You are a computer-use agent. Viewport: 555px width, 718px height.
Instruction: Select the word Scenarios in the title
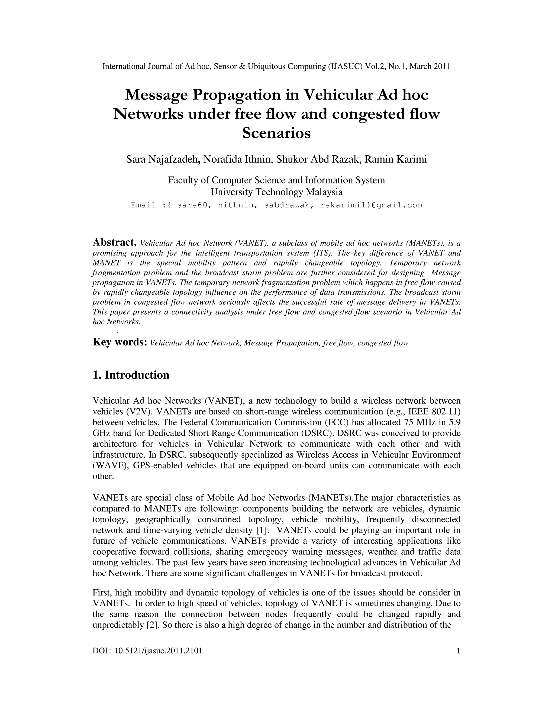pyautogui.click(x=276, y=133)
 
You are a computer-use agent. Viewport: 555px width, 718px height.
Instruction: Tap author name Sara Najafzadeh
pyautogui.click(x=162, y=159)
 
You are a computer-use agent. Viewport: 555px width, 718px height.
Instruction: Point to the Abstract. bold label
pyautogui.click(x=114, y=242)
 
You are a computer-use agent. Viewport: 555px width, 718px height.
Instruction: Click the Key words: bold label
pyautogui.click(x=120, y=342)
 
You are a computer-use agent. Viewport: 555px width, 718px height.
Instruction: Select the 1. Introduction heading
pyautogui.click(x=131, y=375)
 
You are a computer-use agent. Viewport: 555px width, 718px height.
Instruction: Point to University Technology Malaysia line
pyautogui.click(x=276, y=192)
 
